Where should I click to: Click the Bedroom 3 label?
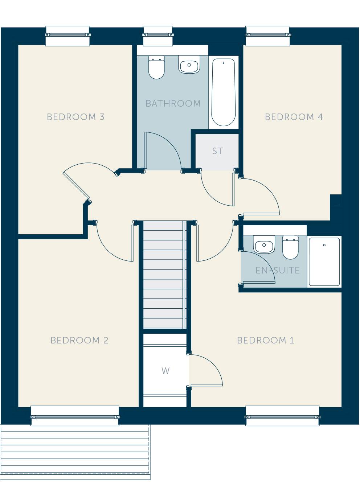[x=75, y=117]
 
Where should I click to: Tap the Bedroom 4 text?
[x=294, y=117]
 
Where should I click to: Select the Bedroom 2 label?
[x=79, y=340]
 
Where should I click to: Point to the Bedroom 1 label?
[x=266, y=340]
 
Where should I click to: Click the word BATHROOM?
[x=173, y=103]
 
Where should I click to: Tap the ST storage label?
[x=217, y=151]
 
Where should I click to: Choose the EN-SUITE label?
[x=278, y=271]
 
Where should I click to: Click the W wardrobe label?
[x=165, y=371]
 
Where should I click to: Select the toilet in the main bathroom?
[x=156, y=67]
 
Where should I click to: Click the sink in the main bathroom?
[x=189, y=64]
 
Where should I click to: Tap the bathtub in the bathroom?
[x=224, y=92]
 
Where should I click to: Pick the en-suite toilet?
[x=290, y=247]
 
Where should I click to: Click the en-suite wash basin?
[x=264, y=244]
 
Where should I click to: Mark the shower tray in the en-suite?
[x=324, y=262]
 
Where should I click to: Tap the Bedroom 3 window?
[x=67, y=36]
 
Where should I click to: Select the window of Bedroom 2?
[x=75, y=416]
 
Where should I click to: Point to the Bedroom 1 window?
[x=282, y=416]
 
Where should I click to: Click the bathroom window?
[x=158, y=36]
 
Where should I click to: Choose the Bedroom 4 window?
[x=268, y=36]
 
